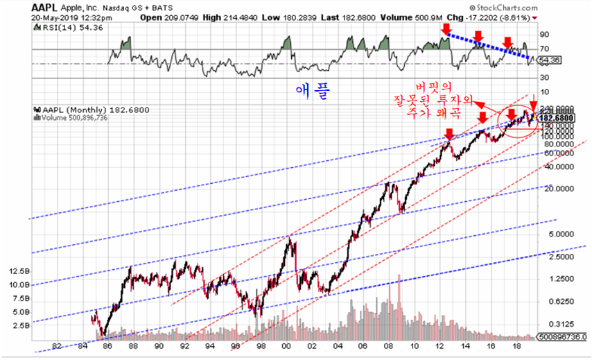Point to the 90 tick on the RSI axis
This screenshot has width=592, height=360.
tap(545, 33)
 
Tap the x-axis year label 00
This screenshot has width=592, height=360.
tap(286, 345)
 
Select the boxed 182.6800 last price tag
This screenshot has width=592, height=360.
tap(559, 118)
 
